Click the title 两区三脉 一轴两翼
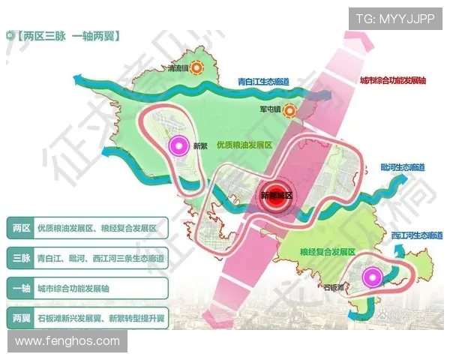[67, 34]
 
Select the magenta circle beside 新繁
[178, 145]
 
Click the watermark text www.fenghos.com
[67, 341]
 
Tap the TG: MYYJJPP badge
[394, 18]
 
